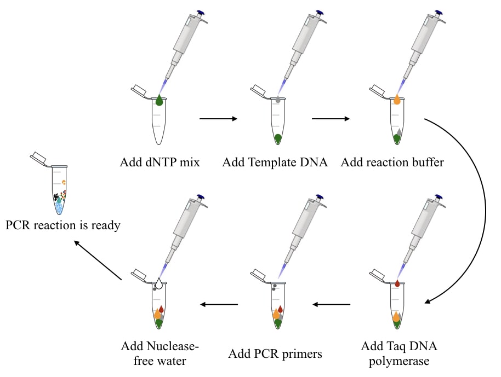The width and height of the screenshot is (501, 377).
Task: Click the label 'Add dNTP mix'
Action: pyautogui.click(x=158, y=163)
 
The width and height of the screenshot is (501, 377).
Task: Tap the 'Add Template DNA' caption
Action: pyautogui.click(x=275, y=163)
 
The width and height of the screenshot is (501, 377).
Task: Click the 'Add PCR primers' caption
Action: pyautogui.click(x=275, y=353)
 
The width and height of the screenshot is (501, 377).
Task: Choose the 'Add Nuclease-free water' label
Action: pyautogui.click(x=160, y=353)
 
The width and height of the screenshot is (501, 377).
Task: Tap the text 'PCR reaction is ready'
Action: pyautogui.click(x=63, y=225)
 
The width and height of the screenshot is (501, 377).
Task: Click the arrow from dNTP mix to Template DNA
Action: pyautogui.click(x=218, y=118)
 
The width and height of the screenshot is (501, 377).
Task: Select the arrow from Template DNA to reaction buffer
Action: pyautogui.click(x=331, y=118)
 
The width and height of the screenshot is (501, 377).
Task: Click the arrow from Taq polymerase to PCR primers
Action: pyautogui.click(x=331, y=304)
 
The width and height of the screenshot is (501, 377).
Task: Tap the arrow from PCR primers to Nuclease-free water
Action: pyautogui.click(x=218, y=304)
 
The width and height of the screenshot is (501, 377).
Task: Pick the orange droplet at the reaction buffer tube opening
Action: pyautogui.click(x=397, y=100)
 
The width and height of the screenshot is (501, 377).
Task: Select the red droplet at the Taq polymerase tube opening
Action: pyautogui.click(x=397, y=283)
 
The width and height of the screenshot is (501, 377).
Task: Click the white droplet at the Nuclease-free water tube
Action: pyautogui.click(x=159, y=283)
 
